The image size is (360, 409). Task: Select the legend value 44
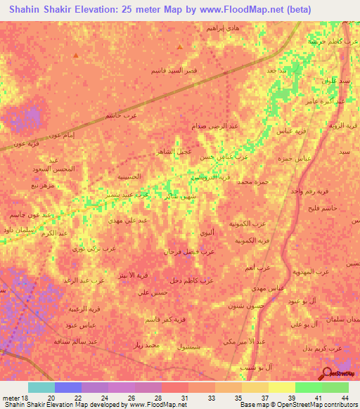pyautogui.click(x=344, y=398)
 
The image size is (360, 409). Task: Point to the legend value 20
pyautogui.click(x=51, y=398)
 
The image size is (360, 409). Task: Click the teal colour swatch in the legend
pyautogui.click(x=41, y=387)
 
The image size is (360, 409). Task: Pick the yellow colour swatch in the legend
pyautogui.click(x=281, y=387)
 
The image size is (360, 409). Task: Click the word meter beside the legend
pyautogui.click(x=11, y=398)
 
